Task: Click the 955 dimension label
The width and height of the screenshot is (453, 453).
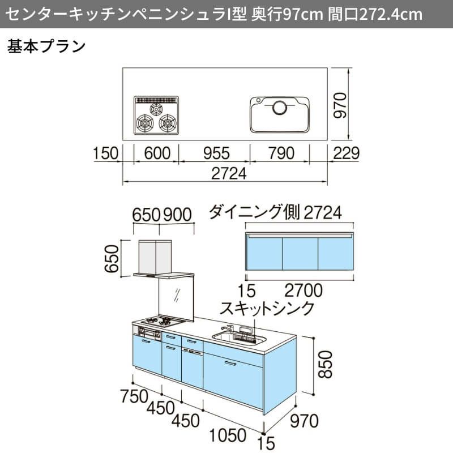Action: pyautogui.click(x=216, y=153)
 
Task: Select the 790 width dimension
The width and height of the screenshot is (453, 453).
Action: pyautogui.click(x=281, y=153)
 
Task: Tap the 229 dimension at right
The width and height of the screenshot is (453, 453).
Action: pyautogui.click(x=346, y=153)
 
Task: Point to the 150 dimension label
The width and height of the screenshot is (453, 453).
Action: pyautogui.click(x=105, y=153)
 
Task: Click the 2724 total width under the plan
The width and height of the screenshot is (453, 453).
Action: pyautogui.click(x=229, y=174)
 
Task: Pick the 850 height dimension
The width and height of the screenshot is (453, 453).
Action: pyautogui.click(x=325, y=365)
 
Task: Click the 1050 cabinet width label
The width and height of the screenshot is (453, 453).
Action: pyautogui.click(x=228, y=435)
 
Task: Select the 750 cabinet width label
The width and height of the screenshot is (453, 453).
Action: pyautogui.click(x=134, y=396)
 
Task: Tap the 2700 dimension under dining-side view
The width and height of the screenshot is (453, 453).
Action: pyautogui.click(x=304, y=290)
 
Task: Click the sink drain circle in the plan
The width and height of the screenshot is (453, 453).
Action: pyautogui.click(x=280, y=108)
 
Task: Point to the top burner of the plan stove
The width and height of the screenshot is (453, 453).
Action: pyautogui.click(x=156, y=109)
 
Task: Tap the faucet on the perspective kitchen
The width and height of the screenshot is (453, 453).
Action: pyautogui.click(x=228, y=329)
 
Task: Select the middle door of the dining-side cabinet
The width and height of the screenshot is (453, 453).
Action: pyautogui.click(x=300, y=254)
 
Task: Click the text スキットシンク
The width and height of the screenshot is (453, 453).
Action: pyautogui.click(x=267, y=308)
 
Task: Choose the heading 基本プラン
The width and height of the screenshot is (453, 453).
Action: pyautogui.click(x=46, y=46)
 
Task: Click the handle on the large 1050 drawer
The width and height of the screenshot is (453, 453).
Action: pyautogui.click(x=230, y=363)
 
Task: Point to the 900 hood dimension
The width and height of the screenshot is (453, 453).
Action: pyautogui.click(x=177, y=215)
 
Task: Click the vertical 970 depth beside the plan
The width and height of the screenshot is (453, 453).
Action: pyautogui.click(x=340, y=105)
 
